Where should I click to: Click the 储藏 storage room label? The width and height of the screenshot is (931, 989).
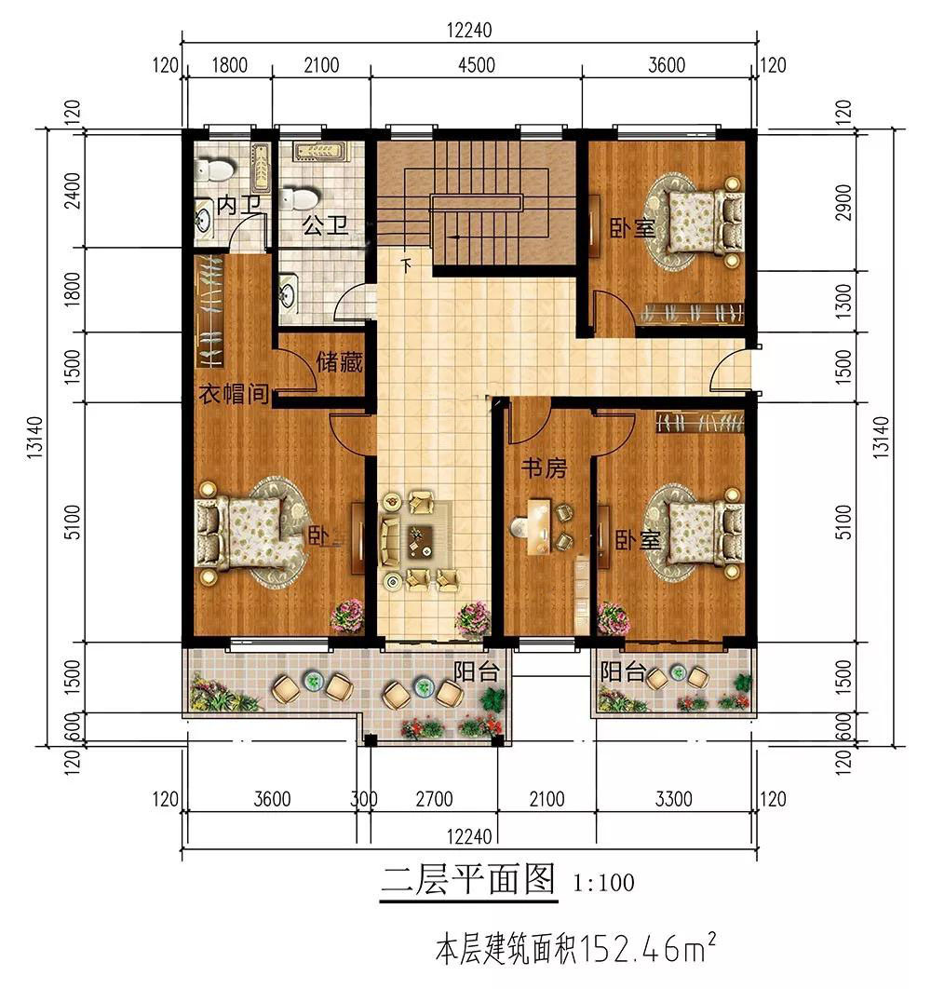(x=339, y=362)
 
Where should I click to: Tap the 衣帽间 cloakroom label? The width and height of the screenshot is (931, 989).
(x=234, y=394)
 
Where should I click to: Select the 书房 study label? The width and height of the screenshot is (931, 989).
(x=544, y=468)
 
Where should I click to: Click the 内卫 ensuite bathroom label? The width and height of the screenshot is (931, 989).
(x=238, y=205)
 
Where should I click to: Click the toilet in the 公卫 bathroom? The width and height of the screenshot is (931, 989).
(x=299, y=198)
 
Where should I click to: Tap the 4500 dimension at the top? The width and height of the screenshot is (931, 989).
(x=477, y=65)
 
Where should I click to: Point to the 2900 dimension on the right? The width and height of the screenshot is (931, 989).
(x=843, y=202)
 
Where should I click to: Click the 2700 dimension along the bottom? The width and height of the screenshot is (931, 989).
(x=434, y=799)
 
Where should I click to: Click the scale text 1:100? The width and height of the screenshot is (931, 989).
(x=603, y=883)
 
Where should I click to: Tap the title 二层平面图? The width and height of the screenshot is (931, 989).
(x=468, y=878)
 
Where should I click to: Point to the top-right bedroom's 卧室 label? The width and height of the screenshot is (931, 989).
(x=632, y=228)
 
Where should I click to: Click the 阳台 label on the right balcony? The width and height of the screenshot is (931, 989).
(x=623, y=671)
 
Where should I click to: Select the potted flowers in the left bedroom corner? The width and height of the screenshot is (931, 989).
(x=347, y=615)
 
